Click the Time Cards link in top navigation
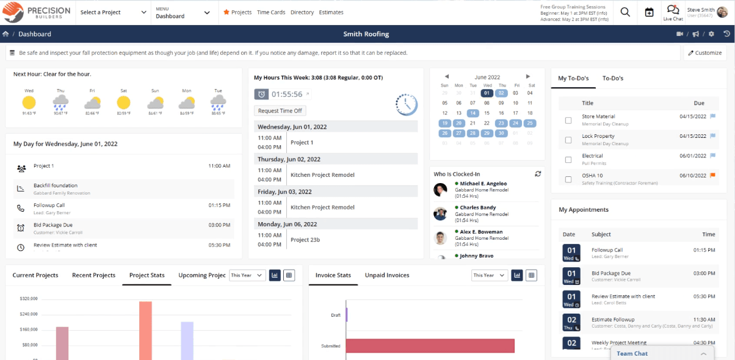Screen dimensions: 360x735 [270, 12]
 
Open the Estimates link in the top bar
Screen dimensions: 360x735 [331, 12]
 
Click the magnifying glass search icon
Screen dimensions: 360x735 [625, 12]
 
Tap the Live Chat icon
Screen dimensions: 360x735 [673, 12]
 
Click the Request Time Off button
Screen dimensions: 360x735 [280, 110]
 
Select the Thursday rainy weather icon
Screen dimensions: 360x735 [60, 102]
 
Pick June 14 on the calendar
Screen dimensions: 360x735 [472, 113]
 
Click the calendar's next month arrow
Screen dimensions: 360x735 [528, 77]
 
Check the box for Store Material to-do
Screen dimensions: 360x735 [568, 120]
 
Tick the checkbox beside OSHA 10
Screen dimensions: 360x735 [568, 179]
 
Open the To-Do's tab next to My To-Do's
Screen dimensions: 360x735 [612, 78]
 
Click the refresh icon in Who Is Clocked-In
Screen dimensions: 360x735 [538, 174]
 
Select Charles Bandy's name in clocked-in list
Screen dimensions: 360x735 [478, 208]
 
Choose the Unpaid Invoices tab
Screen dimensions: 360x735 [387, 275]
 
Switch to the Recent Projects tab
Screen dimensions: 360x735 [93, 275]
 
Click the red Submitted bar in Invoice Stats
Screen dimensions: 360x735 [430, 345]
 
